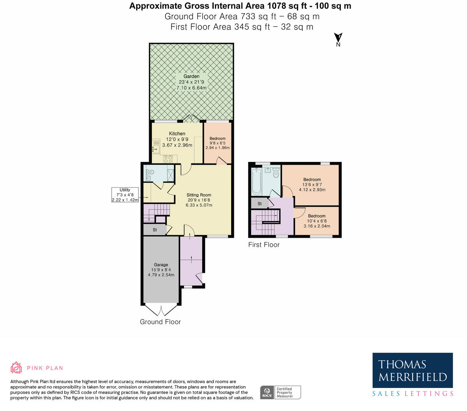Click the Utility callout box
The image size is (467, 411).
tap(125, 195)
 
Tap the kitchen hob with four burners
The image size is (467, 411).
tap(168, 158)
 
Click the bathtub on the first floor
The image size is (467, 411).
tap(256, 182)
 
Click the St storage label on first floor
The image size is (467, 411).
tap(260, 204)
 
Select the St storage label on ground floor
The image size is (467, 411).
tap(154, 230)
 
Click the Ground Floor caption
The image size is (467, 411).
tap(160, 322)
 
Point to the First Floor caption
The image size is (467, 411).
tap(264, 245)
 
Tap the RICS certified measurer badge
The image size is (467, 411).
tap(280, 392)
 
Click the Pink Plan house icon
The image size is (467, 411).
tap(16, 367)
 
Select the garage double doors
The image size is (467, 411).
tap(161, 310)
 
